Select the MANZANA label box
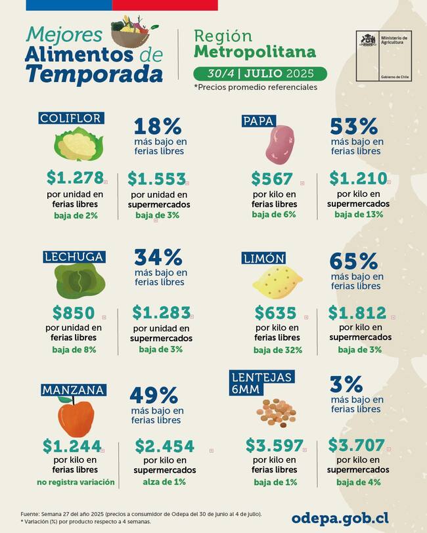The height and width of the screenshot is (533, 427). click(x=74, y=390)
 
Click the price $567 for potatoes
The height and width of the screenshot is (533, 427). click(x=272, y=179)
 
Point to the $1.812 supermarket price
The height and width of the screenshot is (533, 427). click(x=359, y=312)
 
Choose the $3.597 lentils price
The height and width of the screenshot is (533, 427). click(x=275, y=446)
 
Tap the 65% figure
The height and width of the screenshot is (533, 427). click(x=353, y=261)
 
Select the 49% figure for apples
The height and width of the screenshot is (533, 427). click(x=154, y=395)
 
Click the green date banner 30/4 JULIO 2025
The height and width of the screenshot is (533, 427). click(x=260, y=73)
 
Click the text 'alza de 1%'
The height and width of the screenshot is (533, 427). click(x=164, y=482)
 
